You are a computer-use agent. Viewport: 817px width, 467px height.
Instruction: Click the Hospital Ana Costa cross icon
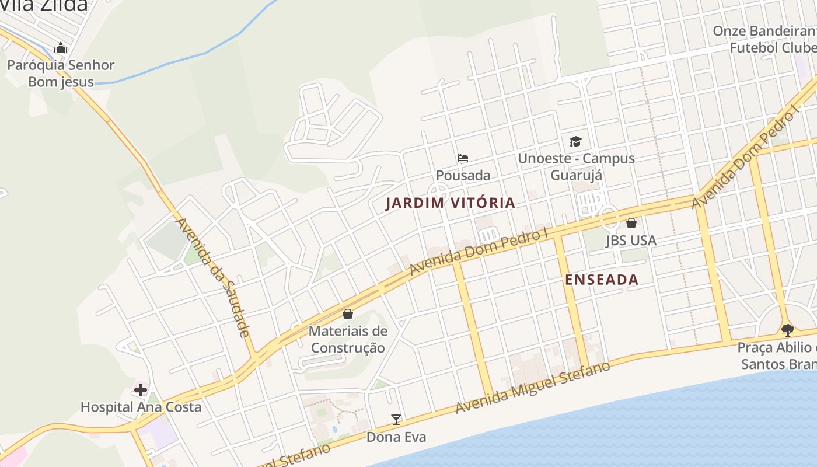coord(141,389)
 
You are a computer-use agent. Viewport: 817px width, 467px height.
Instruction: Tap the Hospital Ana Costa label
coord(141,407)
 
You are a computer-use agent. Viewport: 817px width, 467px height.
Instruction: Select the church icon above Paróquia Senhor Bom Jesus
coord(61,48)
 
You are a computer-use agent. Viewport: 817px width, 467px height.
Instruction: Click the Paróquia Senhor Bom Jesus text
coord(61,73)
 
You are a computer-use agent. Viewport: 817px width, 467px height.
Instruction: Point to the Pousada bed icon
coord(463,158)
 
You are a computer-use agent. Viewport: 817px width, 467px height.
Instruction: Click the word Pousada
coord(463,175)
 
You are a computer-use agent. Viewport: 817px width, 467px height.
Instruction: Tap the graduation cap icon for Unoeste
coord(576,141)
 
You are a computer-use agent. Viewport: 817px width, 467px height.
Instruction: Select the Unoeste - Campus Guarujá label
coord(576,166)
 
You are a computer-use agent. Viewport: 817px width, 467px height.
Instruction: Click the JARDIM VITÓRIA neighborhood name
coord(451,203)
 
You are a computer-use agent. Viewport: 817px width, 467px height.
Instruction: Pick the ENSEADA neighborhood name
coord(602,280)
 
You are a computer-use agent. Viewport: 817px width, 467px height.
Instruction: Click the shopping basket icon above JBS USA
coord(631,223)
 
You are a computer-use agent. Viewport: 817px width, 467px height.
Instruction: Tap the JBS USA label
coord(631,240)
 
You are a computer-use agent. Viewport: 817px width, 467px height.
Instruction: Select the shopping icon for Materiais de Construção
coord(348,314)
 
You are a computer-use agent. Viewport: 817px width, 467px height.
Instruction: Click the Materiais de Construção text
coord(348,339)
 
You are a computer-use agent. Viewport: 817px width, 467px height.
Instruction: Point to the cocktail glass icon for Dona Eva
coord(396,419)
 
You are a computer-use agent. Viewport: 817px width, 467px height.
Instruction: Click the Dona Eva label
coord(396,437)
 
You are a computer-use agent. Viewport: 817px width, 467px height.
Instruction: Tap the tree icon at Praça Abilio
coord(787,330)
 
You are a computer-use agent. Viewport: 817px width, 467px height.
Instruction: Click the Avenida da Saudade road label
coord(213,277)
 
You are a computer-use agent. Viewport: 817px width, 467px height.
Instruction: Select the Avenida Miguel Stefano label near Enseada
coord(533,387)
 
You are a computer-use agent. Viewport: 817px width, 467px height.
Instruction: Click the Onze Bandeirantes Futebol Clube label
coord(764,39)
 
